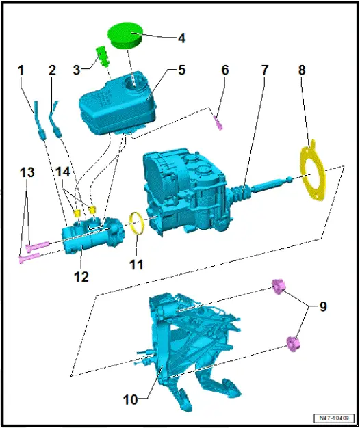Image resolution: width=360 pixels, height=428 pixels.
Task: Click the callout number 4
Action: tap(181, 38)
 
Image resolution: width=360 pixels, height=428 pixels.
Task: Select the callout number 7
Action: tap(265, 70)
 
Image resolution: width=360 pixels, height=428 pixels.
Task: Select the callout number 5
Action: tap(181, 70)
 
